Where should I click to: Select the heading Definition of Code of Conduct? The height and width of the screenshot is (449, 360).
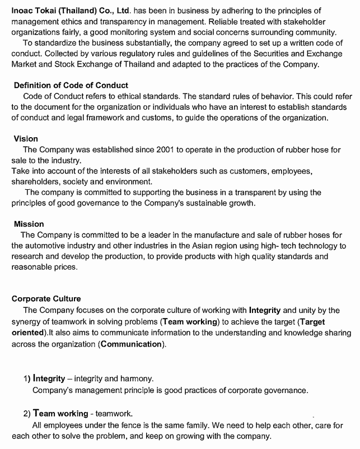[x=71, y=85]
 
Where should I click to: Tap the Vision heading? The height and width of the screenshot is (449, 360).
[x=26, y=138]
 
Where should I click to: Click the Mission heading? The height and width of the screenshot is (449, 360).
[x=29, y=224]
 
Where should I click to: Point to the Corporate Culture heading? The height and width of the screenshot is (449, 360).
[x=46, y=298]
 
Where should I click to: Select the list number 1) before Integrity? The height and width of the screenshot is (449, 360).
[x=27, y=379]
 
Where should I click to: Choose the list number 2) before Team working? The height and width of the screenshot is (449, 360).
[x=27, y=414]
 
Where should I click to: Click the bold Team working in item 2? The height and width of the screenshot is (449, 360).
[x=61, y=414]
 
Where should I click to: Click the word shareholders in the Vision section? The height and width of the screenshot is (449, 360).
[x=34, y=181]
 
